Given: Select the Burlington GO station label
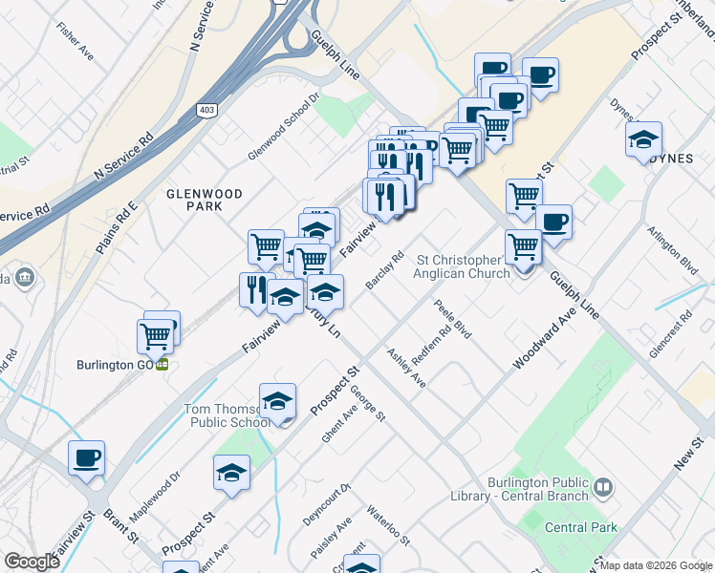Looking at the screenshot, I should tap(117, 364).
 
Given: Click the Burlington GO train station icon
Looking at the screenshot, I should tap(163, 364).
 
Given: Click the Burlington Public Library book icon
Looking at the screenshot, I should tap(602, 488).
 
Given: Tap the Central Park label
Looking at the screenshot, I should tap(581, 527).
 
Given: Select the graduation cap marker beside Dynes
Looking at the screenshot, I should tap(644, 138).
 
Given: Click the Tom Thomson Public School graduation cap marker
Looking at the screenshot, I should tap(277, 401).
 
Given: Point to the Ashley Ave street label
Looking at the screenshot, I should tap(406, 368).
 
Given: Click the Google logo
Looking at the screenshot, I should tap(32, 562).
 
